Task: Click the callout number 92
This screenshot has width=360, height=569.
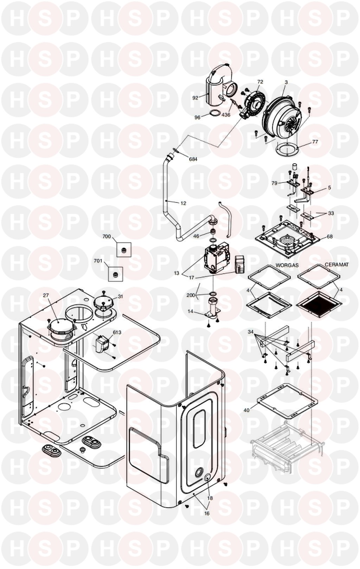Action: pyautogui.click(x=195, y=98)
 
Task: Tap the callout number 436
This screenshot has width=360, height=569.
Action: pyautogui.click(x=226, y=115)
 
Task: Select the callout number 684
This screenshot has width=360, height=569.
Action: pyautogui.click(x=193, y=159)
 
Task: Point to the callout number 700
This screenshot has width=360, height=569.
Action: pyautogui.click(x=107, y=236)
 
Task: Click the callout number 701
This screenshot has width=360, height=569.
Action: pyautogui.click(x=98, y=261)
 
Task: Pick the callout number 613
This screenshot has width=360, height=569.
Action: pyautogui.click(x=117, y=332)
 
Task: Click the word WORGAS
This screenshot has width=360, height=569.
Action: pyautogui.click(x=287, y=265)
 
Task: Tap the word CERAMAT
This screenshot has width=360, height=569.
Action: pyautogui.click(x=337, y=265)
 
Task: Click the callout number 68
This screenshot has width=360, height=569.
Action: pyautogui.click(x=329, y=236)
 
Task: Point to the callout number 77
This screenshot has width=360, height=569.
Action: pyautogui.click(x=315, y=142)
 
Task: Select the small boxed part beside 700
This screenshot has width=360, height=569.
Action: pyautogui.click(x=124, y=249)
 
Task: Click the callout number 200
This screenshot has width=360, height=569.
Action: pyautogui.click(x=191, y=295)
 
